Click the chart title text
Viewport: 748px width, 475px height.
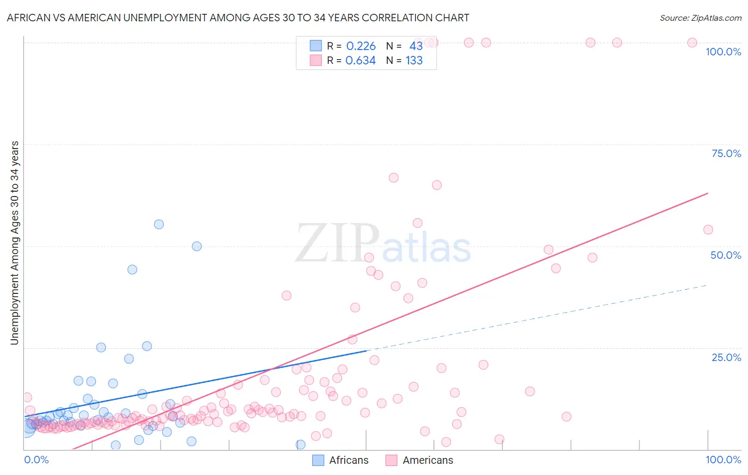238,18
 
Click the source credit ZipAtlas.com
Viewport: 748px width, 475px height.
700,18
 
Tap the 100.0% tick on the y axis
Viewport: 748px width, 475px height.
723,52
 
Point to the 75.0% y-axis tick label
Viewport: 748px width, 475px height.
726,153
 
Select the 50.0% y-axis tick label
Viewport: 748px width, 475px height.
726,255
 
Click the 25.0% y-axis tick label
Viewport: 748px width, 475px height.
726,357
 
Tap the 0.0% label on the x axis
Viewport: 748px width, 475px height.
36,460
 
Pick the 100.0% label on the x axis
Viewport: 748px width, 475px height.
723,460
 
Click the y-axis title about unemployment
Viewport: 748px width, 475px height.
14,243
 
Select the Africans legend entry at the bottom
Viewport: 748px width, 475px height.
340,460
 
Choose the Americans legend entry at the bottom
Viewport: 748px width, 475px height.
420,460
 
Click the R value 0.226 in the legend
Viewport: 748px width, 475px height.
361,46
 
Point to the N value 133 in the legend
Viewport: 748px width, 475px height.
414,60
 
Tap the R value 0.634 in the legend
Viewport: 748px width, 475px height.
361,60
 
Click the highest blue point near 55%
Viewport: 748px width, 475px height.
159,224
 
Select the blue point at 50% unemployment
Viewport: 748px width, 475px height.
197,246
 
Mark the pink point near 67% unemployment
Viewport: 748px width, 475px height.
394,178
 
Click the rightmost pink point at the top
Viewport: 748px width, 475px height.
692,43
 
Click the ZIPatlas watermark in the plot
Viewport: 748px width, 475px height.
383,244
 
